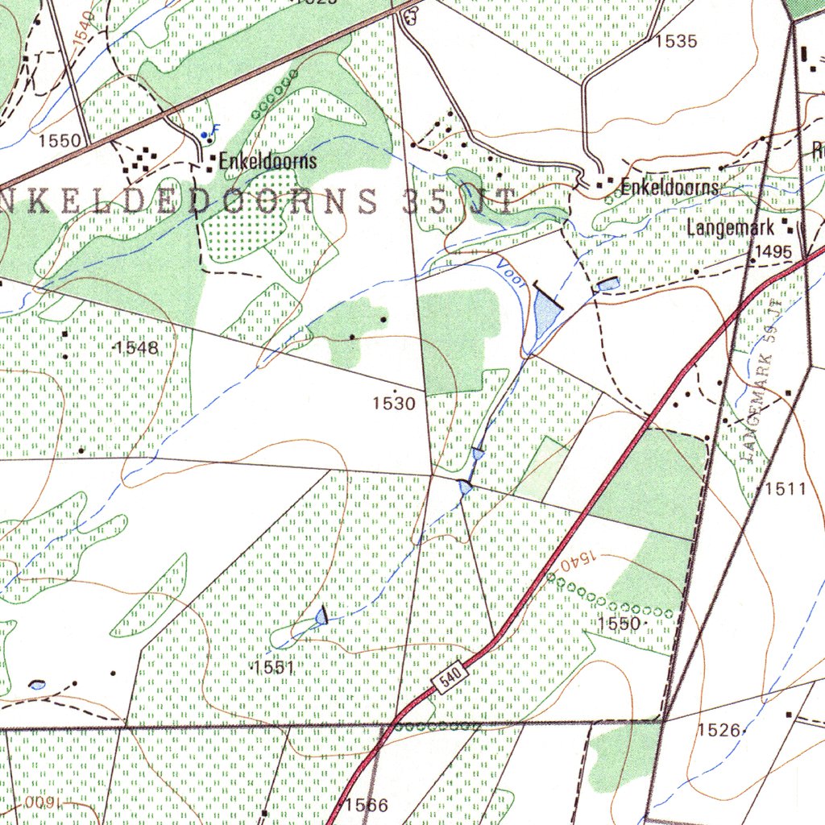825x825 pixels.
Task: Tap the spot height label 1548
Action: pyautogui.click(x=136, y=348)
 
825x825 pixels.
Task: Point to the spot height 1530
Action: pyautogui.click(x=394, y=403)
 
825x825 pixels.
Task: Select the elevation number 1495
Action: pyautogui.click(x=773, y=252)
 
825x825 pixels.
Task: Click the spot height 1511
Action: pyautogui.click(x=785, y=488)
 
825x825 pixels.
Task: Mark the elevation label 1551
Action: pyautogui.click(x=273, y=668)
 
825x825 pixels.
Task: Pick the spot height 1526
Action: pyautogui.click(x=719, y=730)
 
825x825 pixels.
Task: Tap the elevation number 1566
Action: pyautogui.click(x=367, y=805)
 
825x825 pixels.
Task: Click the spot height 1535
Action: pyautogui.click(x=675, y=42)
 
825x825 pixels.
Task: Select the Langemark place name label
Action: pyautogui.click(x=730, y=228)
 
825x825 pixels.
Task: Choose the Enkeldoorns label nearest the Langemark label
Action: pyautogui.click(x=668, y=188)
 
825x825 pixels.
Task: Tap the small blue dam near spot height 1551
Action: pyautogui.click(x=322, y=616)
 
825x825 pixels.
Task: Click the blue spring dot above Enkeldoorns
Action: pyautogui.click(x=206, y=135)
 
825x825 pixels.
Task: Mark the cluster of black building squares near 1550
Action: pyautogui.click(x=139, y=158)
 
